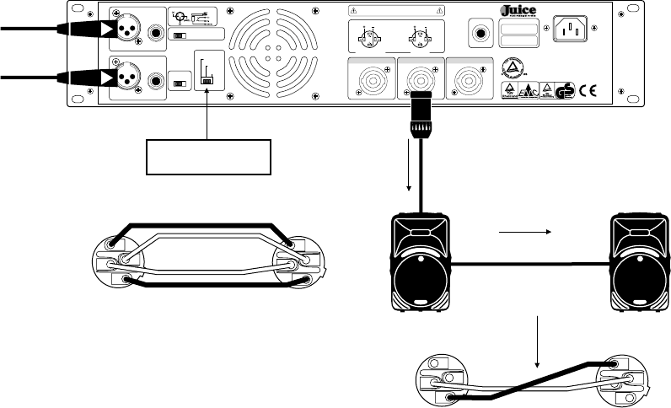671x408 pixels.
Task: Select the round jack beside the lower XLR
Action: [x=157, y=82]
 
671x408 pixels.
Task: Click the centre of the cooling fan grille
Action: [x=268, y=53]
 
